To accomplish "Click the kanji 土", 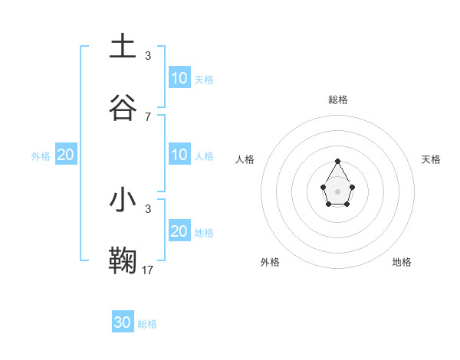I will [123, 47].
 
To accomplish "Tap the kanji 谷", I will [123, 108].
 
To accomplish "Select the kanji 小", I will [123, 200].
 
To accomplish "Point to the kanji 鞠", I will [123, 261].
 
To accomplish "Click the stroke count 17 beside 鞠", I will [148, 270].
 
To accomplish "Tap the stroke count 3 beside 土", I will [148, 55].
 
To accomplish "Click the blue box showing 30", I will [123, 322].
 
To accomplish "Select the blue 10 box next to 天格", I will [179, 77].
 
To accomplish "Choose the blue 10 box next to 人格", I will [179, 155].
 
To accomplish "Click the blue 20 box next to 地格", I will [179, 231].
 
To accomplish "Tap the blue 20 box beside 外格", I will [65, 155].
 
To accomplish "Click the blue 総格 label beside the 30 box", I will [147, 324].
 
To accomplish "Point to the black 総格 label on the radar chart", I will [338, 100].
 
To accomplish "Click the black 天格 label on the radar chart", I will [432, 159].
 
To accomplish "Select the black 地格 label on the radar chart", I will [402, 262].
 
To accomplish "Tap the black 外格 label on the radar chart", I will [270, 262].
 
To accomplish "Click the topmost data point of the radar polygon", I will [337, 161].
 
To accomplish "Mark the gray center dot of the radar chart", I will [337, 191].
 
